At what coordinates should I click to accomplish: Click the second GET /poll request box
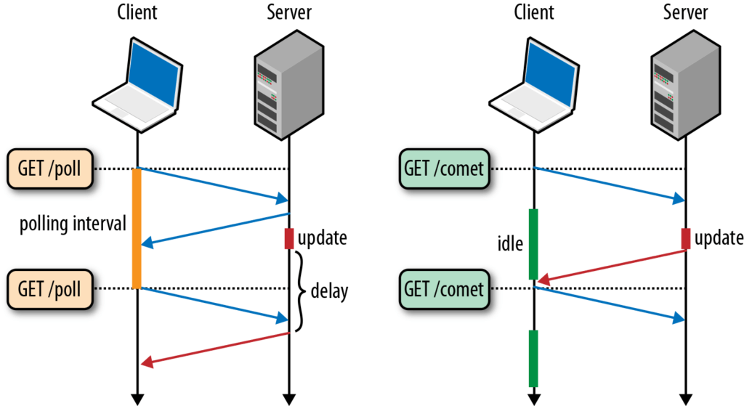pyautogui.click(x=51, y=288)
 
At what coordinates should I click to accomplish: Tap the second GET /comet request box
pyautogui.click(x=443, y=288)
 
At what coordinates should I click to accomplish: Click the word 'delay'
pyautogui.click(x=329, y=291)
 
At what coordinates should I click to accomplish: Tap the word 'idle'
pyautogui.click(x=509, y=244)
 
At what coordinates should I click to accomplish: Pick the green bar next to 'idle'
pyautogui.click(x=533, y=244)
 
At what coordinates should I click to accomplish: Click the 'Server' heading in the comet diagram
pyautogui.click(x=686, y=12)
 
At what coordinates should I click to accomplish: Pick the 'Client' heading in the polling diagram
pyautogui.click(x=137, y=12)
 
